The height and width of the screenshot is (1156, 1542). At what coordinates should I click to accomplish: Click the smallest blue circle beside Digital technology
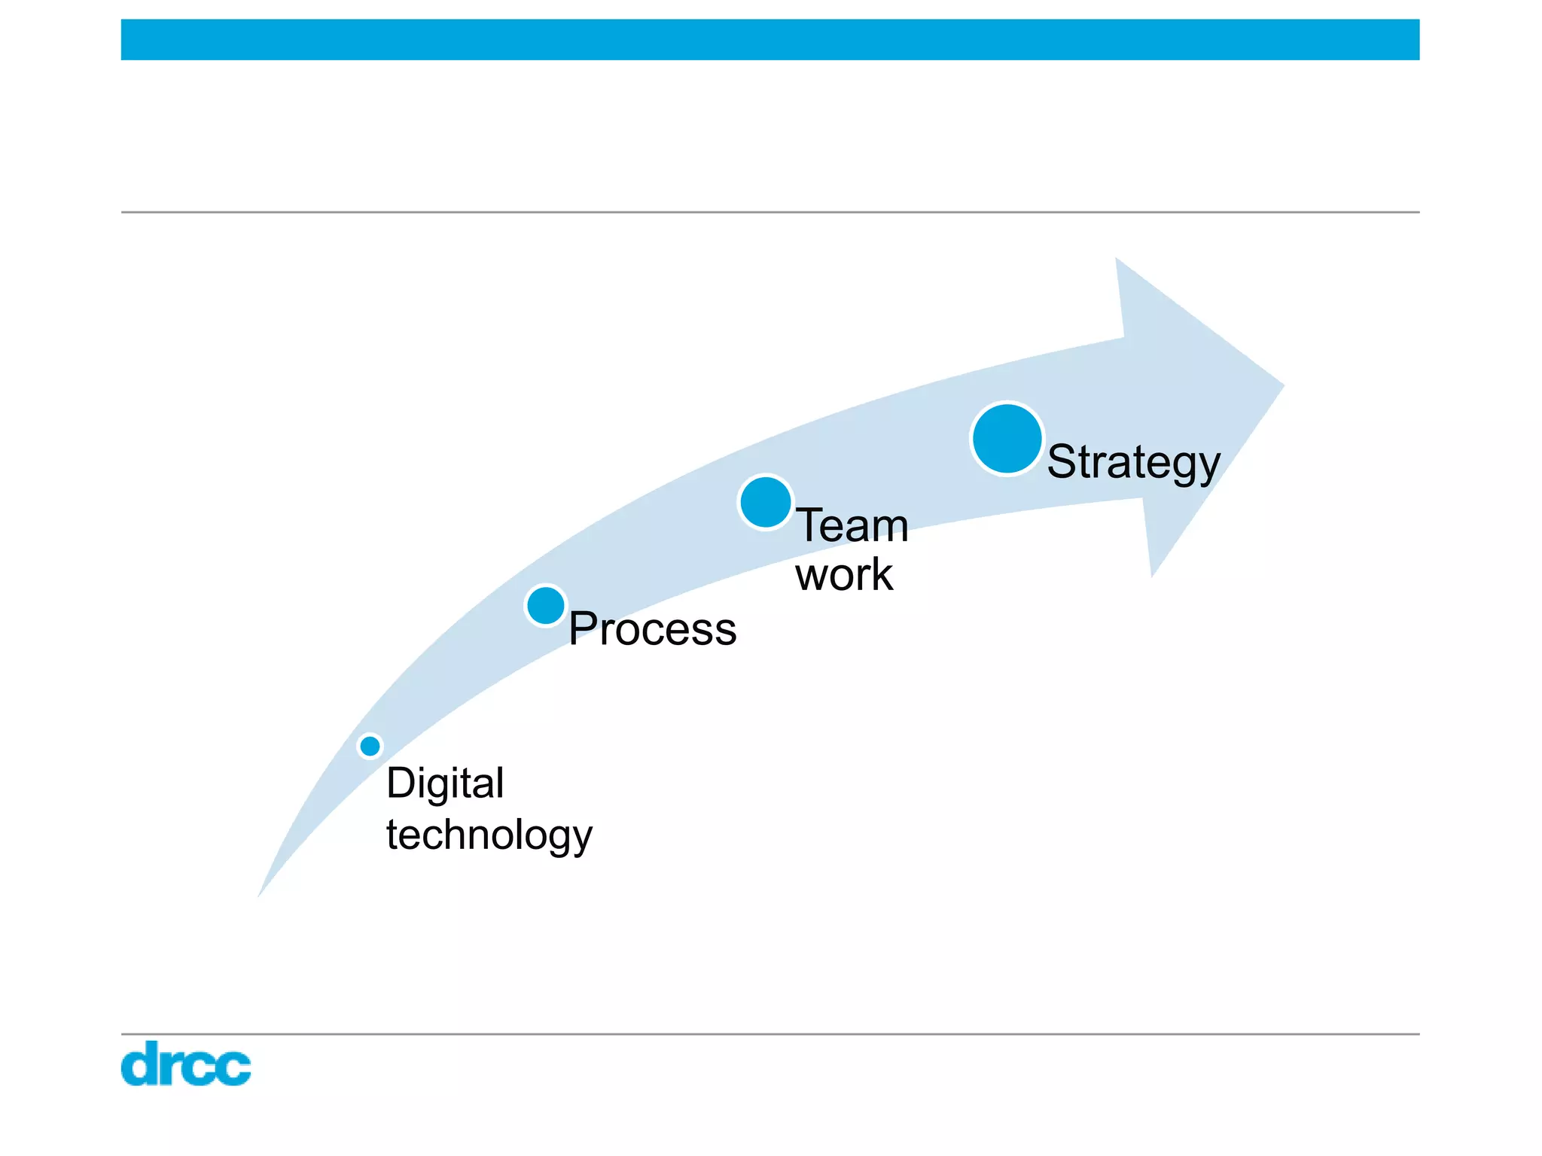click(370, 746)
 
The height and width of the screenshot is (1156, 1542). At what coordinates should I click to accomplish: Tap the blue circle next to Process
click(546, 605)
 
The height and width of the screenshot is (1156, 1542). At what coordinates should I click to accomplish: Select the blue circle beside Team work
click(765, 502)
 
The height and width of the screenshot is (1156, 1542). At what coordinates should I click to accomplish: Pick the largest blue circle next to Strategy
click(1007, 439)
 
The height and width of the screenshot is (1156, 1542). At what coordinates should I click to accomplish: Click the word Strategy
click(1133, 462)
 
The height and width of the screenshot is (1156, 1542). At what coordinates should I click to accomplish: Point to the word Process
click(652, 629)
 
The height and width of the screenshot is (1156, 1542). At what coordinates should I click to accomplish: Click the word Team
click(852, 525)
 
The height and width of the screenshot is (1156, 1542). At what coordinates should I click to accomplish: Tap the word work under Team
click(844, 576)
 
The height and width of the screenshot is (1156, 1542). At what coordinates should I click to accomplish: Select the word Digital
click(445, 784)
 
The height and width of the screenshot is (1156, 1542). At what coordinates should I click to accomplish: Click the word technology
click(489, 835)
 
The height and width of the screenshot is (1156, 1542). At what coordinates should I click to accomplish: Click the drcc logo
click(186, 1064)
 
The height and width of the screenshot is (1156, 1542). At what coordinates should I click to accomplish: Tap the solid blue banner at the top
click(769, 40)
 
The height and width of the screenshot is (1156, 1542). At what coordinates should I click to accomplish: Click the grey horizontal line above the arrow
click(769, 212)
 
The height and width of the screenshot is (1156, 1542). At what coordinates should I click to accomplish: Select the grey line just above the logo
click(769, 1034)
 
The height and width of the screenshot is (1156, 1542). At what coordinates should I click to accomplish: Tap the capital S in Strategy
click(1062, 461)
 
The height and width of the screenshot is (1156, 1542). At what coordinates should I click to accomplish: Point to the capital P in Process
click(582, 628)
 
